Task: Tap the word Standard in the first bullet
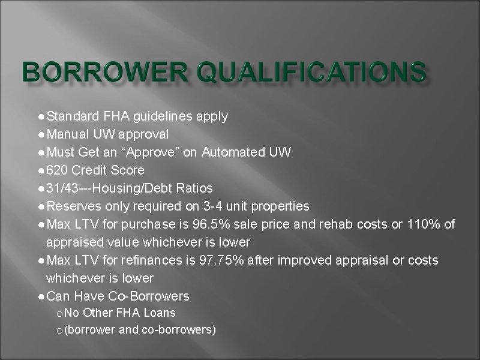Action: pyautogui.click(x=71, y=116)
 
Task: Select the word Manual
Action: pyautogui.click(x=67, y=134)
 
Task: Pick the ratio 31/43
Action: pyautogui.click(x=61, y=188)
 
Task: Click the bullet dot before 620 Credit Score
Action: pyautogui.click(x=40, y=170)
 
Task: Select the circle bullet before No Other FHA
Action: pyautogui.click(x=58, y=313)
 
